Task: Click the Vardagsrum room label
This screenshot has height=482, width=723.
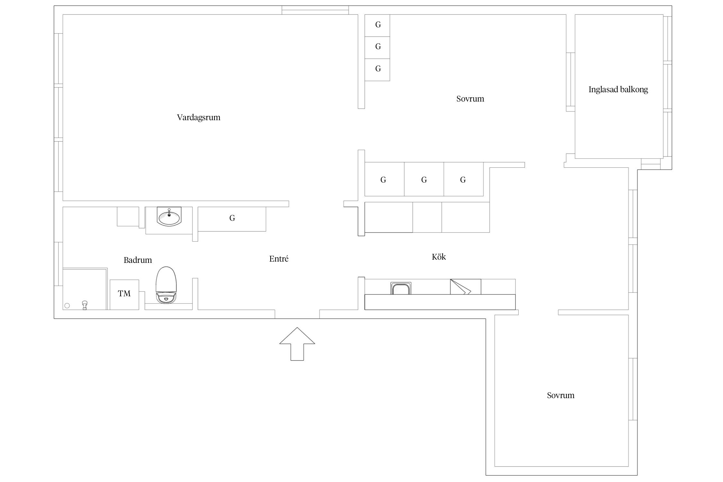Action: point(199,117)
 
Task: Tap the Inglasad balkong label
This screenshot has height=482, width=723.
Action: point(618,89)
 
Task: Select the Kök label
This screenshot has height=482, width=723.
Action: point(439,256)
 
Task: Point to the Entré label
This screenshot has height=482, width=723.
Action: point(279,259)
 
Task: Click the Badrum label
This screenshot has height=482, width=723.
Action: point(138,260)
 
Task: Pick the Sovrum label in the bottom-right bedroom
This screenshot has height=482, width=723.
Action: point(560,395)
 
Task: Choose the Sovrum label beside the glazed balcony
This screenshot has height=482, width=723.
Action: point(470,99)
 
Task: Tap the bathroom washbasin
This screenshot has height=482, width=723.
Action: point(169,216)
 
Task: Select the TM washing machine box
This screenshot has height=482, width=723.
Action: point(124,295)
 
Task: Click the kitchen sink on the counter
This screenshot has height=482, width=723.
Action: point(401,288)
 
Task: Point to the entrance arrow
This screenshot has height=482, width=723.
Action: point(297,344)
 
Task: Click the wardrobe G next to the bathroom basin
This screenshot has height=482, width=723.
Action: point(232,219)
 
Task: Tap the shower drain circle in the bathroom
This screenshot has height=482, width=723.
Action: point(67,306)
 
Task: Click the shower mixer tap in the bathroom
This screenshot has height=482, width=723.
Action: point(85,305)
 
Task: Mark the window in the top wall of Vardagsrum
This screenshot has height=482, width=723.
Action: point(315,10)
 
